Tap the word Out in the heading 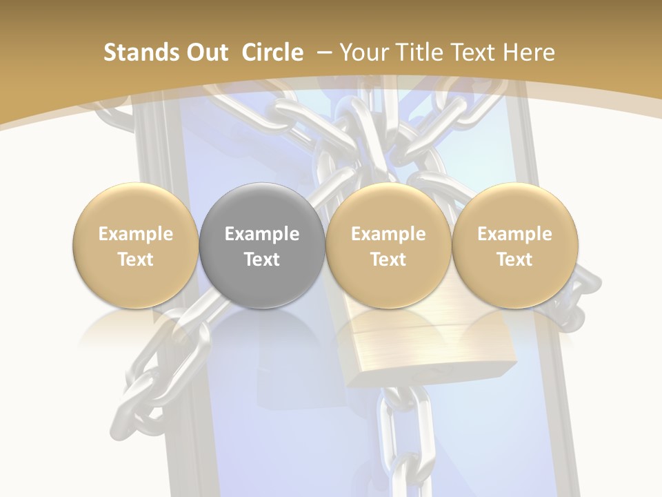point(204,52)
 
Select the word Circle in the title point(272,52)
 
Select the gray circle point(262,245)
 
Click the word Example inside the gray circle point(262,234)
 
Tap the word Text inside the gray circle point(262,260)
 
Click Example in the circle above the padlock point(388,234)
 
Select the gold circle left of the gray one point(136,245)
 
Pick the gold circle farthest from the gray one point(514,245)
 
